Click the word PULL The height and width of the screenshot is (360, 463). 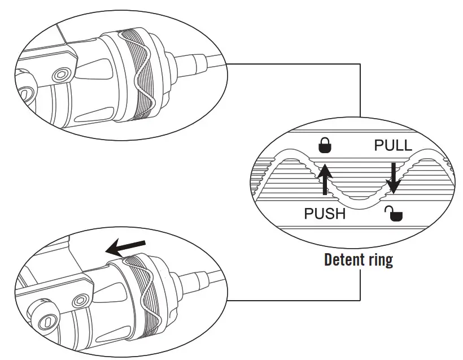393,146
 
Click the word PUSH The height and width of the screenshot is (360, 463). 325,214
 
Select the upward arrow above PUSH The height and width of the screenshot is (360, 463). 325,178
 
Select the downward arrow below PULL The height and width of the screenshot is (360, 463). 393,177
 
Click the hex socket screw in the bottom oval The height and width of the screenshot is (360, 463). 82,298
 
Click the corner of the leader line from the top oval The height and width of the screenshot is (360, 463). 360,64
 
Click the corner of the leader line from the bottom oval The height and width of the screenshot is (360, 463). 360,300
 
